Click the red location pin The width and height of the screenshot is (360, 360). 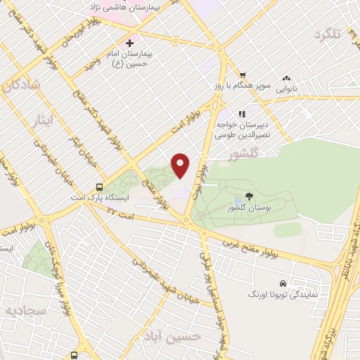[181, 166]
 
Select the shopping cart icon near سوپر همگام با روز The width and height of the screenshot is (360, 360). [242, 75]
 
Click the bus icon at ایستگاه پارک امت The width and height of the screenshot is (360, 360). [100, 188]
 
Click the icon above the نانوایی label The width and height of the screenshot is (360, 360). [286, 79]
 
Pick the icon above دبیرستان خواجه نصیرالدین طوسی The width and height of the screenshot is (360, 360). [242, 113]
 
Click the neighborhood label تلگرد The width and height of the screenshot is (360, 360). [331, 35]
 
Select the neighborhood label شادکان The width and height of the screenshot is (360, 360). [22, 87]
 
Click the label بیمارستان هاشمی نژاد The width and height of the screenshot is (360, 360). [131, 6]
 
